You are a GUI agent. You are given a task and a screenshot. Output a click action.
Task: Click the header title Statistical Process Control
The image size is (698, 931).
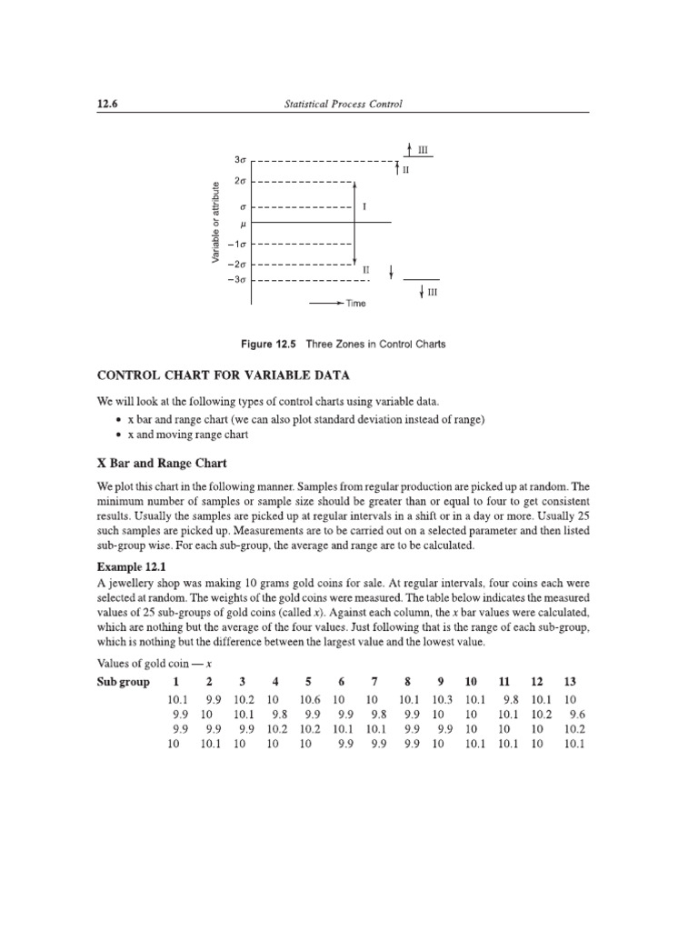click(344, 105)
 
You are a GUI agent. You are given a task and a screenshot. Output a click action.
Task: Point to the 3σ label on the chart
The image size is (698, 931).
click(241, 161)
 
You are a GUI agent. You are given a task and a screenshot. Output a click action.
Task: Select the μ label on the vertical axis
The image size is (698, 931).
click(244, 223)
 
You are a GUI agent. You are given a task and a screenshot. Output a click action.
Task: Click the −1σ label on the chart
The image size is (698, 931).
click(237, 244)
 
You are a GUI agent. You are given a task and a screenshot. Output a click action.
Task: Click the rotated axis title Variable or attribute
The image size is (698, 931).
click(215, 223)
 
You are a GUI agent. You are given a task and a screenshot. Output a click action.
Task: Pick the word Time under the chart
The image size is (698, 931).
click(355, 304)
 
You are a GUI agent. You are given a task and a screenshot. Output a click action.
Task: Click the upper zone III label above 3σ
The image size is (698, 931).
click(423, 148)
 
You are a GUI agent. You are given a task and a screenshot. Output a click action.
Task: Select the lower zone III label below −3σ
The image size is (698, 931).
click(432, 293)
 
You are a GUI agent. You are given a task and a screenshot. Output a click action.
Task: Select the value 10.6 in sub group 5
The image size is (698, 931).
click(310, 700)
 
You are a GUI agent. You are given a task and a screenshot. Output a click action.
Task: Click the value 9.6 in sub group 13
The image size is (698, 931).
click(578, 714)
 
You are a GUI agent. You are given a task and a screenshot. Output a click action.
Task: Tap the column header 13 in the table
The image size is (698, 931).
click(570, 682)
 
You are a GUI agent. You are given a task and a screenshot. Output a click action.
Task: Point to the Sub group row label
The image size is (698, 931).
click(122, 682)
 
